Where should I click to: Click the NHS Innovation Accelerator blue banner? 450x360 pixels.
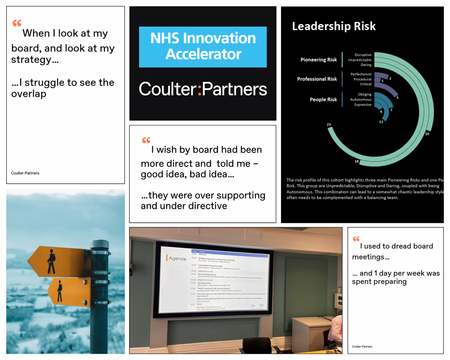(203, 47)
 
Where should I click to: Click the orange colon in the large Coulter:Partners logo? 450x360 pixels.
(200, 89)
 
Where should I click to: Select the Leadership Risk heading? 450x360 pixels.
(334, 26)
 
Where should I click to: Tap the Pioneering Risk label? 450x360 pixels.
(318, 60)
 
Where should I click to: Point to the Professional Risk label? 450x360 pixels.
(317, 79)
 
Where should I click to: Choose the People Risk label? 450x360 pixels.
(323, 100)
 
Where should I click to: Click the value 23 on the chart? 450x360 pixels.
(329, 125)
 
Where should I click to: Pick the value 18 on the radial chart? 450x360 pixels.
(357, 162)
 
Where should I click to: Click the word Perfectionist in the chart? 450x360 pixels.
(361, 74)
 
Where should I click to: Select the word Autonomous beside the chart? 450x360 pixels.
(361, 100)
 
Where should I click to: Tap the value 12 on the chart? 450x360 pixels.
(381, 122)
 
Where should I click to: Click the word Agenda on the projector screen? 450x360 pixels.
(177, 259)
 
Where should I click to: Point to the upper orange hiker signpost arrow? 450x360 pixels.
(57, 261)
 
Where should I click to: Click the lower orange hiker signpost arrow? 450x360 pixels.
(69, 292)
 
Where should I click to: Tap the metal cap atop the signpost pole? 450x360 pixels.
(100, 244)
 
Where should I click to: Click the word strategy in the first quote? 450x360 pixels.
(31, 60)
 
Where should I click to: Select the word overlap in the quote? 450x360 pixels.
(29, 94)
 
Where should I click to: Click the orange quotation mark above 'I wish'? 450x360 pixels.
(146, 140)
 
